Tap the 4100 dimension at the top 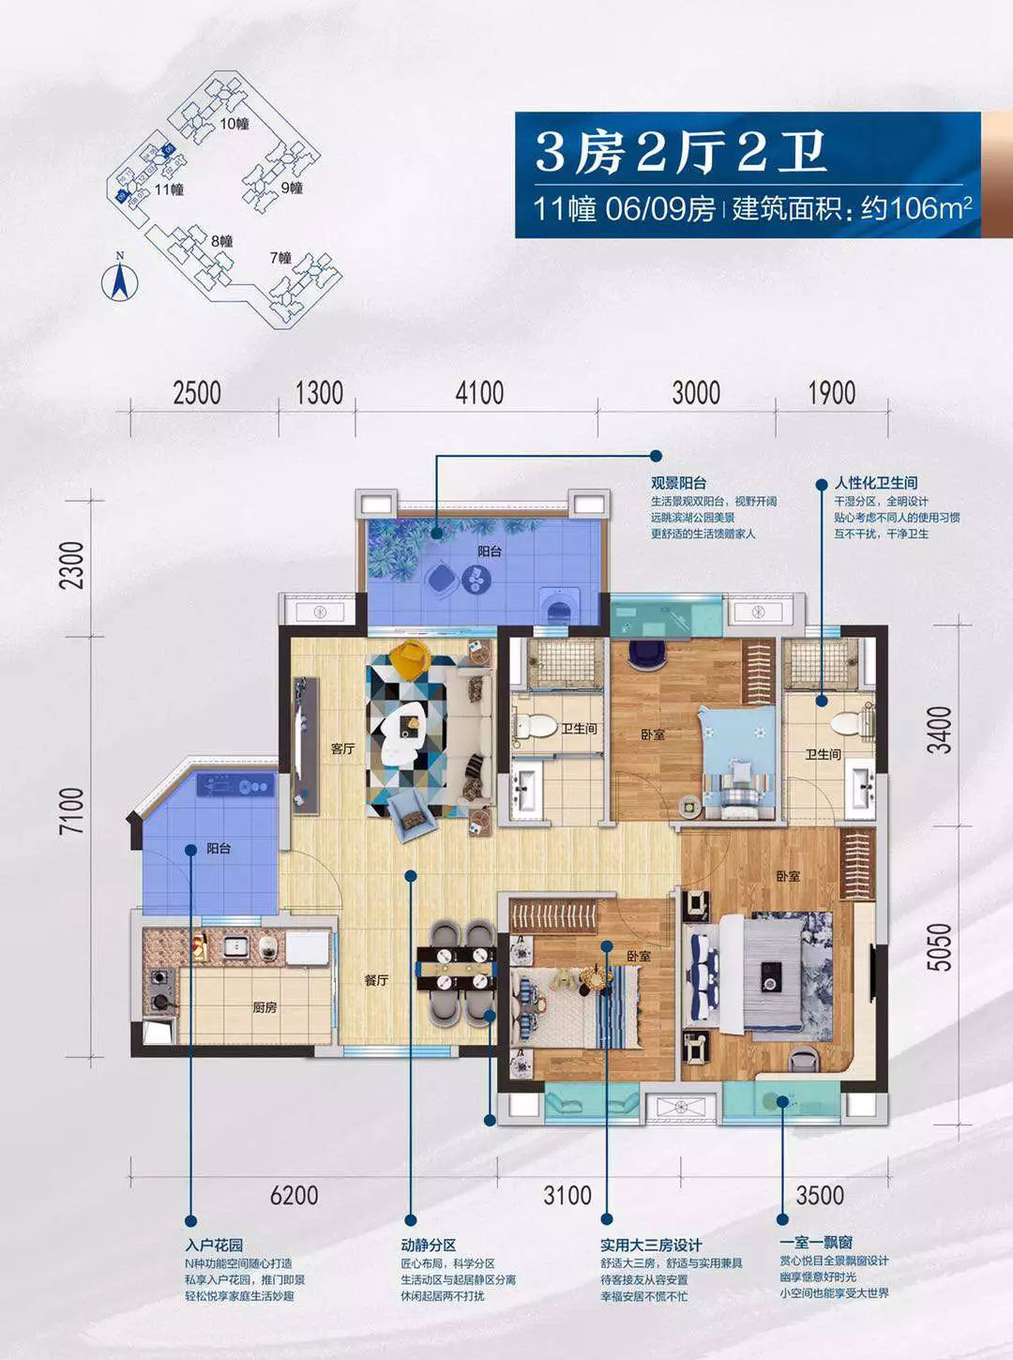click(479, 392)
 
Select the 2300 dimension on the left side click(71, 565)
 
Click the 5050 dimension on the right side click(939, 946)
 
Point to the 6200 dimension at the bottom click(294, 1195)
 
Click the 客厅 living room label click(342, 748)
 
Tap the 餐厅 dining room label click(376, 979)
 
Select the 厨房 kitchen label click(265, 1007)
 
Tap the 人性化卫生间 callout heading click(876, 483)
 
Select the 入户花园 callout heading click(214, 1245)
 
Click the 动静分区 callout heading click(428, 1245)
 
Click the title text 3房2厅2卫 click(680, 152)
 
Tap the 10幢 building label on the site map click(234, 123)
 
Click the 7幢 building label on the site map click(280, 257)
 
